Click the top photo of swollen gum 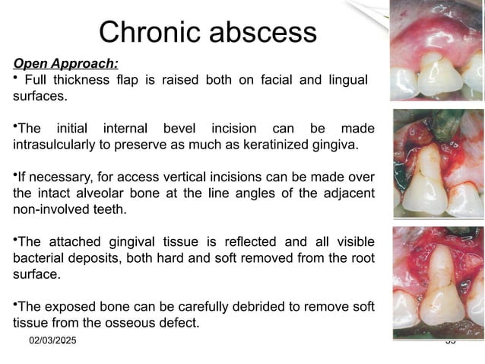(436, 52)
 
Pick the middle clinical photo (436, 162)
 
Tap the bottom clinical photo (436, 282)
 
